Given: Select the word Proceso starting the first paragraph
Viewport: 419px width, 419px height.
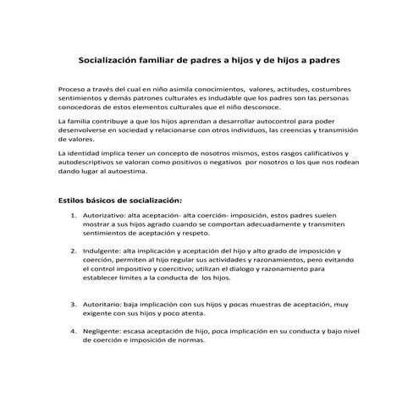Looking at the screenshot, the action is coord(74,89).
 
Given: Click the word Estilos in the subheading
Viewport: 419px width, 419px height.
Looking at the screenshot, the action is coord(74,201).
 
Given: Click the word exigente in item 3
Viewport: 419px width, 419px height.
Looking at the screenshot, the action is coord(96,311).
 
